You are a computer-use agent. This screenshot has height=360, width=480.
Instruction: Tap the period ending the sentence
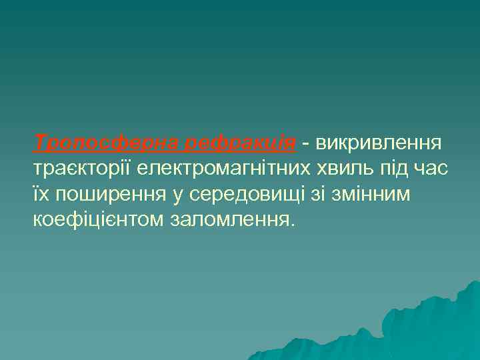pyautogui.click(x=291, y=225)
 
